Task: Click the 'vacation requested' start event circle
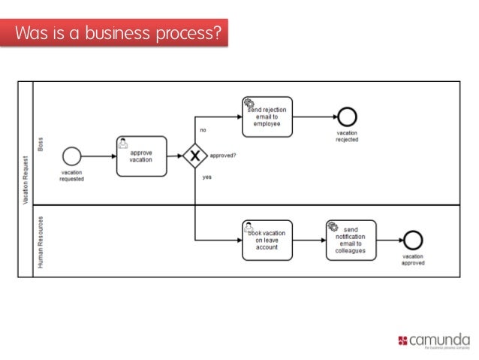point(71,156)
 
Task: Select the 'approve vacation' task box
point(141,156)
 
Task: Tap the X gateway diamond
point(194,156)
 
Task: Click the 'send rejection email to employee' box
point(267,116)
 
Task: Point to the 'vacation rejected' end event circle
point(347,116)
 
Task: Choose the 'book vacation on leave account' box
point(267,240)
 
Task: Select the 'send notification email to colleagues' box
point(351,240)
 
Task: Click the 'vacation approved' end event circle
point(413,240)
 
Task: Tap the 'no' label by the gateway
point(203,130)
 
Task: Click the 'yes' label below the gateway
point(206,177)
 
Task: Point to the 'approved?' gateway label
point(223,156)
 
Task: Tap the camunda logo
point(434,340)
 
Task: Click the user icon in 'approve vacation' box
point(123,143)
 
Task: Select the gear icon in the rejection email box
point(249,103)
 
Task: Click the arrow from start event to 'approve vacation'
point(98,156)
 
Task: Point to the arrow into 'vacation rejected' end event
point(315,116)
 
